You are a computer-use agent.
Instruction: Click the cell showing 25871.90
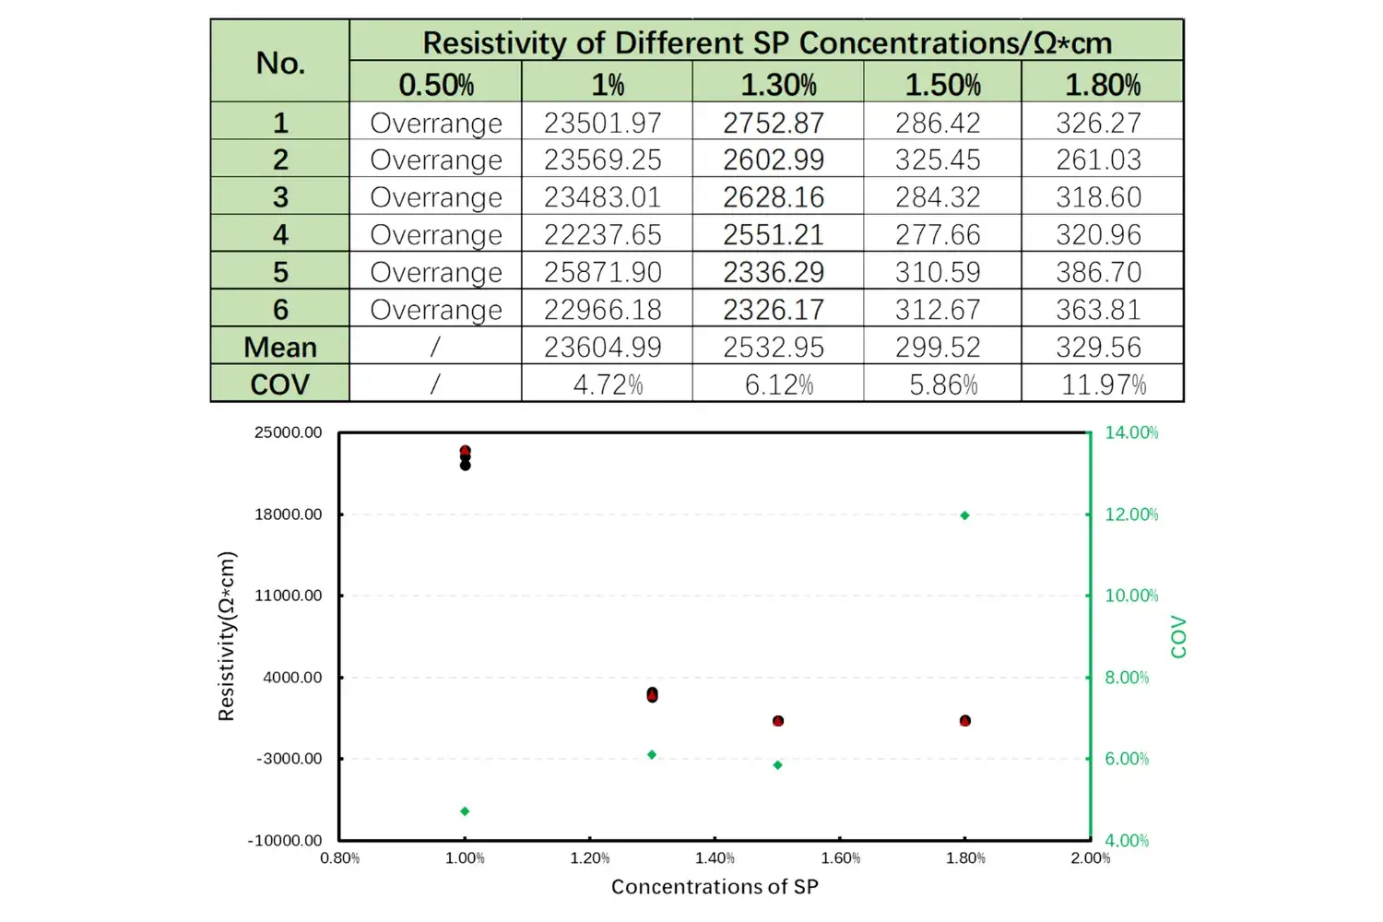point(603,272)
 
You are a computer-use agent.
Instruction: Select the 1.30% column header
point(778,85)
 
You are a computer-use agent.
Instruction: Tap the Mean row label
point(280,347)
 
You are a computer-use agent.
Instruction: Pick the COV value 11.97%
point(1103,384)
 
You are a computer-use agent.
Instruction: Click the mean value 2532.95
point(774,347)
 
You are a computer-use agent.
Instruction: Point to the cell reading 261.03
point(1098,160)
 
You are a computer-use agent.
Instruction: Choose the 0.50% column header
point(436,85)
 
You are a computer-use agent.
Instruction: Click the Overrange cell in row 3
point(436,197)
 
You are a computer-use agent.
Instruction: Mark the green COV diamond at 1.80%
point(965,515)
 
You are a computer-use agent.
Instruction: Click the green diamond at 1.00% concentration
point(465,811)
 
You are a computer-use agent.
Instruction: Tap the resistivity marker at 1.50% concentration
point(778,721)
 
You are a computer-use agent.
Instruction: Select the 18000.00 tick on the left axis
point(289,514)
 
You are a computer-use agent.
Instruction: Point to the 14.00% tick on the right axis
point(1131,432)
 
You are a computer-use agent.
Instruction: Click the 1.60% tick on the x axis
point(840,858)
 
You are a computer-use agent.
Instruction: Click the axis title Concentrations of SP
point(715,887)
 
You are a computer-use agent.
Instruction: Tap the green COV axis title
point(1178,636)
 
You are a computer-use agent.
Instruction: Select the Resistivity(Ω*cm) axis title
point(227,636)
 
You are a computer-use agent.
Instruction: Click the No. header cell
point(280,63)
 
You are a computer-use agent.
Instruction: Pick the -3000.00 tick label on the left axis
point(289,759)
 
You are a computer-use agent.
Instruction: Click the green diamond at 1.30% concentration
point(652,755)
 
